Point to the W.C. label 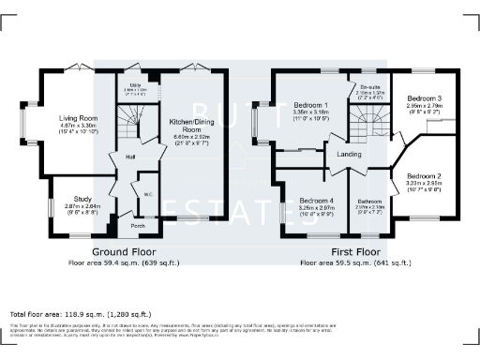tap(147, 195)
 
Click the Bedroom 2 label tap(424, 176)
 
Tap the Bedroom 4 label tap(316, 201)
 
